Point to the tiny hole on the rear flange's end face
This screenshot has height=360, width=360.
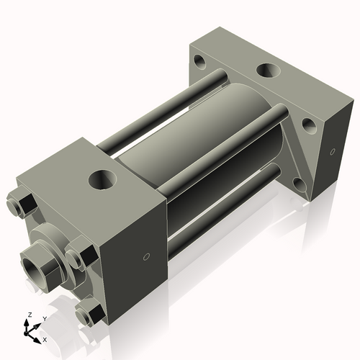tap(333, 152)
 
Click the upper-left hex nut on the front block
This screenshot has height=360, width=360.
tap(19, 205)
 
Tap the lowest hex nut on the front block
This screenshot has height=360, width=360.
tap(89, 312)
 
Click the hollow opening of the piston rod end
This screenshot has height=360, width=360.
tap(32, 261)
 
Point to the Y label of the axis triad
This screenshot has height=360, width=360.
tap(44, 318)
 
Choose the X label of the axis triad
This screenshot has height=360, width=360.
tap(45, 338)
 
